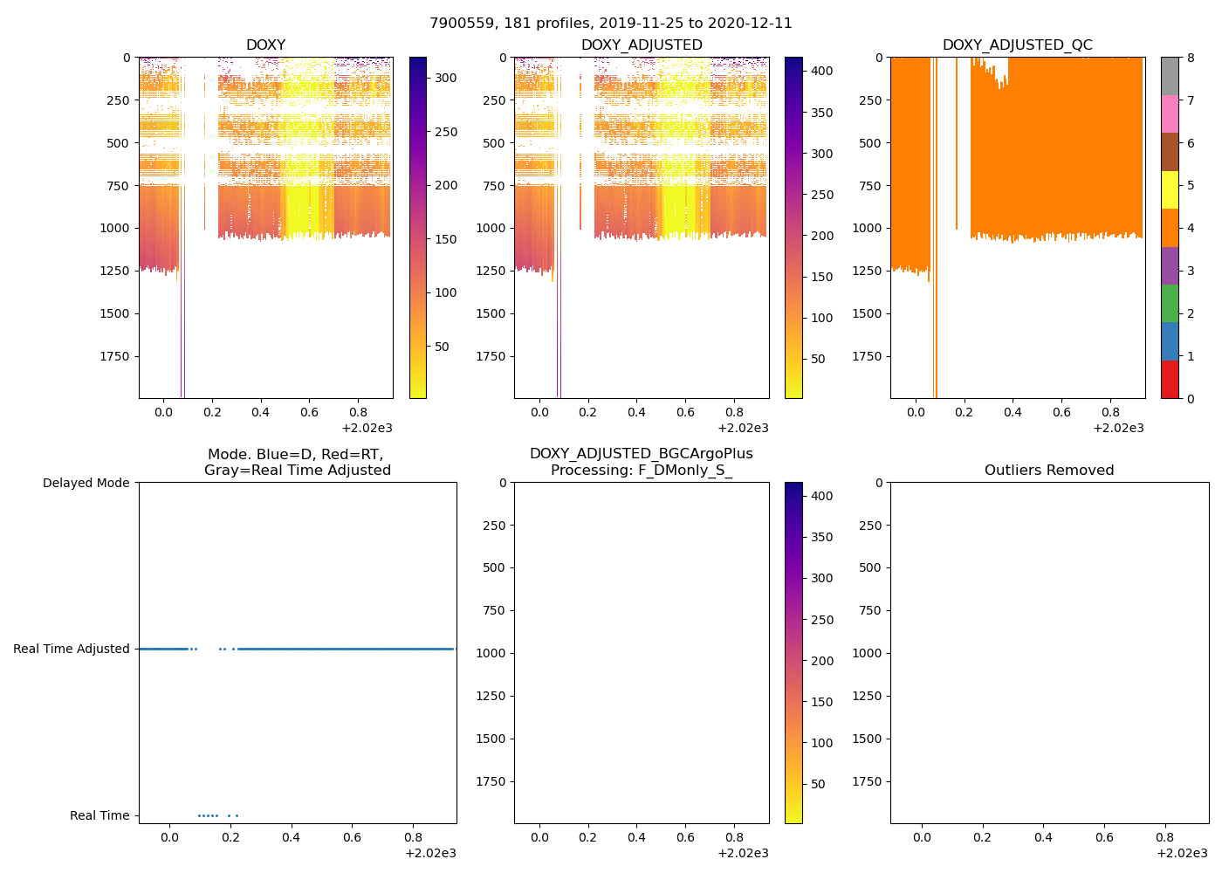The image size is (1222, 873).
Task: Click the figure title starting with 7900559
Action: (610, 24)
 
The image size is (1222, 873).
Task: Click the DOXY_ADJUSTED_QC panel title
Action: (1017, 45)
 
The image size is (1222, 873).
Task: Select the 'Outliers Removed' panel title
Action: (1048, 471)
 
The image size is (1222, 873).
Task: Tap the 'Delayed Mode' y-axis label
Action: (86, 483)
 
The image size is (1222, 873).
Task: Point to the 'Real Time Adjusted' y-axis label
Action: (71, 649)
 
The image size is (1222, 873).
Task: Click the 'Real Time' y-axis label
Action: (100, 815)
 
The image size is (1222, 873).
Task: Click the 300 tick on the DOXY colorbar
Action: (446, 78)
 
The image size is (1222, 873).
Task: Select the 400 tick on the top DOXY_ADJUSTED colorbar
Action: (821, 71)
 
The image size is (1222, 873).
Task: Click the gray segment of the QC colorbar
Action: (1169, 76)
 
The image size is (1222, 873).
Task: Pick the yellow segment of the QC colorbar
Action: (1169, 189)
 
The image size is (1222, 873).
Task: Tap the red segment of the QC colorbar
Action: (1169, 380)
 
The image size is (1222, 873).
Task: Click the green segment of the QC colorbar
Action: (1169, 303)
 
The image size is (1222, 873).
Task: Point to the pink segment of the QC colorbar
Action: (1169, 113)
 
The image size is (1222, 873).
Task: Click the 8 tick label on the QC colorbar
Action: (1191, 58)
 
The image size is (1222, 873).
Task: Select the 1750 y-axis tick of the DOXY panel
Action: (115, 356)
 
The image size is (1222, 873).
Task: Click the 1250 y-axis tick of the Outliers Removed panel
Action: (867, 696)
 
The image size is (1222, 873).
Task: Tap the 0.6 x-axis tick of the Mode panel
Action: (352, 837)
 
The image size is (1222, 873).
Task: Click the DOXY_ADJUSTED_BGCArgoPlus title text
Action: (641, 454)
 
